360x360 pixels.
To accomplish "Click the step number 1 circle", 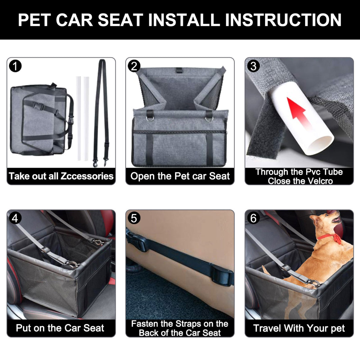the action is [x=15, y=66].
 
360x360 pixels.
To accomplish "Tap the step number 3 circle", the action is [x=253, y=66].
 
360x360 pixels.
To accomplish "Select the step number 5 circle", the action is [x=134, y=218].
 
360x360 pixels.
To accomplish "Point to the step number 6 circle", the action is [x=253, y=218].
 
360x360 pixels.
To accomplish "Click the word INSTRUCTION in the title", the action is [x=283, y=20].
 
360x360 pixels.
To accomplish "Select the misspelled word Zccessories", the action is [x=87, y=176].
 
